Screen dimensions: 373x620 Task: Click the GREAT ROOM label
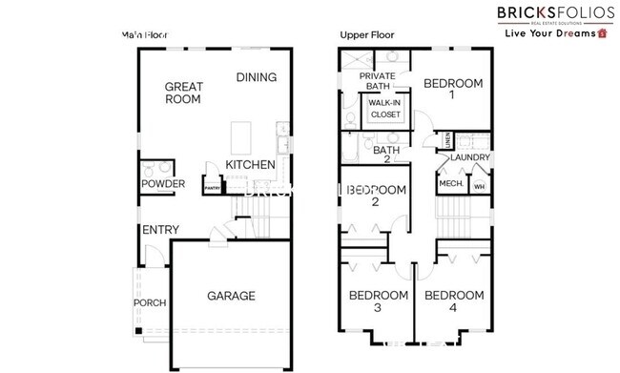[182, 92]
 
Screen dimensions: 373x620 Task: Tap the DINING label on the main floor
[256, 77]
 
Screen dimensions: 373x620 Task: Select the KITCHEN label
[250, 165]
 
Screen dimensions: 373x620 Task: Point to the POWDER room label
[163, 184]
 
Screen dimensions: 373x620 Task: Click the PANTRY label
[212, 188]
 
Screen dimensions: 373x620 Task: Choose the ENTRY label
[160, 231]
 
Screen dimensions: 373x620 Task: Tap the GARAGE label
[231, 296]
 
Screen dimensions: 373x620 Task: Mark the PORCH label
[150, 304]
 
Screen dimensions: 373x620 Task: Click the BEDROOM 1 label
[453, 89]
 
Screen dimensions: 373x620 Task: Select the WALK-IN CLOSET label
[384, 108]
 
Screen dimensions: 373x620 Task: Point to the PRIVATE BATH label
[378, 81]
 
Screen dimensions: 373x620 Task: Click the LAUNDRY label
[470, 158]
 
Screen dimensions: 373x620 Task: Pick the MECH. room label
[449, 184]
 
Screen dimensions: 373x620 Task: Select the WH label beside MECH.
[479, 185]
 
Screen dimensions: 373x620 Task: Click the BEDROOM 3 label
[378, 301]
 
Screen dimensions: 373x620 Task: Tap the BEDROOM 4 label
[453, 301]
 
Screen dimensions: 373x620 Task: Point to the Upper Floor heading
[367, 35]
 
